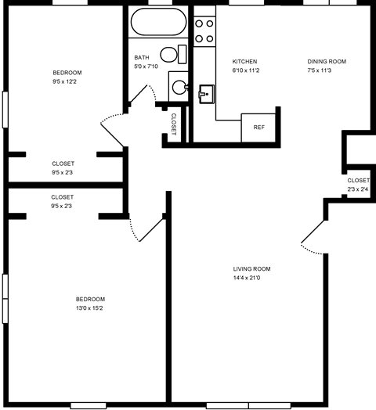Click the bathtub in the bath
[157, 22]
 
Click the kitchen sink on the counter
[207, 94]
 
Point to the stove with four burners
[204, 30]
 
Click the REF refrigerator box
[258, 127]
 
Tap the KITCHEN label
[244, 62]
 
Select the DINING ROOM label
[326, 62]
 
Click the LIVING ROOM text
[251, 268]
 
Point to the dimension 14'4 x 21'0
[251, 278]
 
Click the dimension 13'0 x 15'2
[90, 308]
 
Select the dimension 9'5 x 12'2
[67, 81]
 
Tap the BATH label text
[141, 57]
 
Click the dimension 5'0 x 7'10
[146, 66]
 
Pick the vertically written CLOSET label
[174, 124]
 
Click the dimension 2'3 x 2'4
[358, 189]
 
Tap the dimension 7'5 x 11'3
[326, 70]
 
